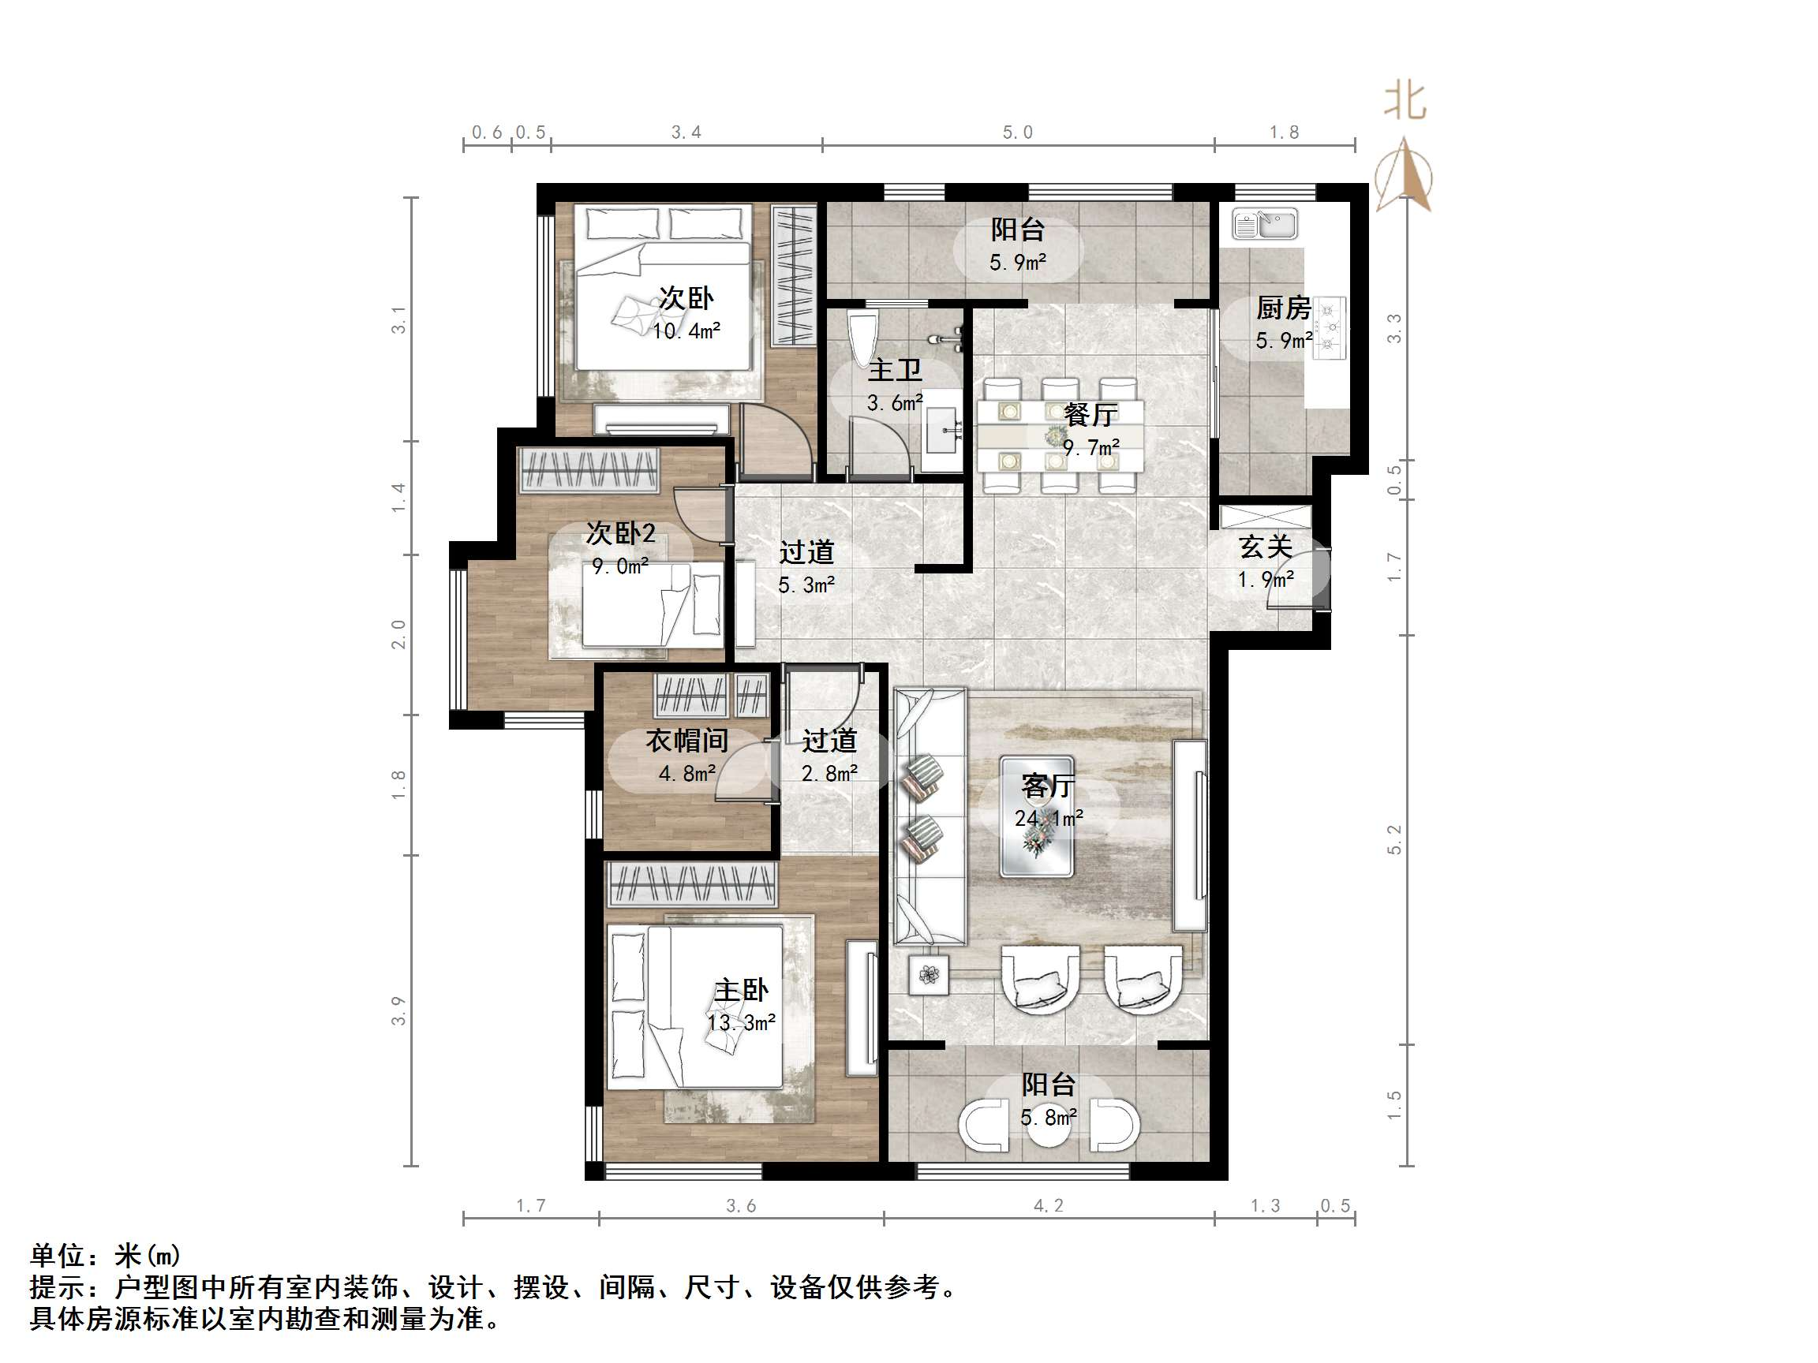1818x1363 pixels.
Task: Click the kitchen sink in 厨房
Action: point(1265,223)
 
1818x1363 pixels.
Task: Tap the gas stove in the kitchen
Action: point(1329,329)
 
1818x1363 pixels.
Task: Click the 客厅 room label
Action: point(1047,786)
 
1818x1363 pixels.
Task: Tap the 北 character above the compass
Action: point(1405,102)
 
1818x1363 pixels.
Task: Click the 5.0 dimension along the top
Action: point(1016,133)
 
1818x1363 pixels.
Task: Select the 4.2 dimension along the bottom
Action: point(1048,1205)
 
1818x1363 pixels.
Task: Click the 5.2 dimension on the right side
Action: point(1394,838)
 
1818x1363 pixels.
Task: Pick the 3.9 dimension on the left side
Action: point(398,1010)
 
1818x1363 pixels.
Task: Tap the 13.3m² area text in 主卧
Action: point(742,1023)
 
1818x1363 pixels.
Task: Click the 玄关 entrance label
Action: point(1266,547)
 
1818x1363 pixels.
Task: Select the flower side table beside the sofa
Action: point(929,974)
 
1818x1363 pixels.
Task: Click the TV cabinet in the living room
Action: point(1189,835)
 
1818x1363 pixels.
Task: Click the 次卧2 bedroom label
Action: point(620,534)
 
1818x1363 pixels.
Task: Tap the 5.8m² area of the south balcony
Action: point(1048,1118)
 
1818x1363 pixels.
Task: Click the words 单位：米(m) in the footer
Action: point(105,1256)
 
